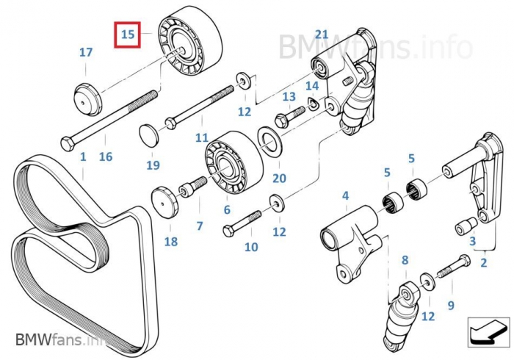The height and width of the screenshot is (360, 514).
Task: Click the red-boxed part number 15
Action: [128, 35]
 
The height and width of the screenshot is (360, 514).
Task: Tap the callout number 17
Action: [86, 52]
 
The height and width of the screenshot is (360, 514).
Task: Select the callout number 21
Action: [322, 35]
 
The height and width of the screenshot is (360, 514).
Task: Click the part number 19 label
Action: [153, 165]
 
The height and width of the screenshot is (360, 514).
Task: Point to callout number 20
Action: [279, 178]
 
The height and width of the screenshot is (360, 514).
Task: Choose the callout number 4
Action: [345, 196]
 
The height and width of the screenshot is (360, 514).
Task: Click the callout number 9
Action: [451, 304]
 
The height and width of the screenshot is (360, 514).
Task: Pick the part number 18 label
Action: [170, 242]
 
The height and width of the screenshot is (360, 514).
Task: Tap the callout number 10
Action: [251, 247]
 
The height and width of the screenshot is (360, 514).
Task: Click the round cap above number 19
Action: [150, 136]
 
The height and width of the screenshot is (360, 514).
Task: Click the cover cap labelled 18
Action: [165, 204]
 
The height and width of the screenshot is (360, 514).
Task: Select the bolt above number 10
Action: [242, 223]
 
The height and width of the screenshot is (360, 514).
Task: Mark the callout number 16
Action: [106, 156]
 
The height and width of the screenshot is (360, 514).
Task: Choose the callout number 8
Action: [404, 260]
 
